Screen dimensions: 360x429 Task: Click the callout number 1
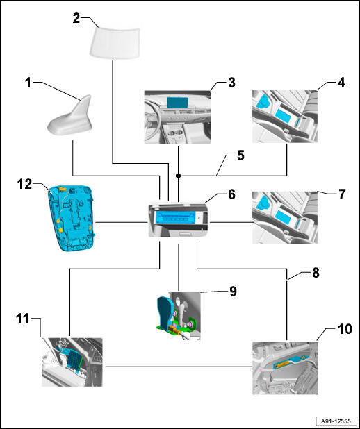point(28,83)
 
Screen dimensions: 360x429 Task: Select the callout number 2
point(76,18)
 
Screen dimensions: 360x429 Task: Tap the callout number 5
point(240,155)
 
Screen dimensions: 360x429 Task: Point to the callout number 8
point(316,273)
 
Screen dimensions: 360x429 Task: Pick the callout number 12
point(24,184)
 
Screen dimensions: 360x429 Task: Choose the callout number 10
point(345,329)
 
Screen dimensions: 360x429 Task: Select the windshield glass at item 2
point(115,42)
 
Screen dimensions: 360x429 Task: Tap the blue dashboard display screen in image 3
point(177,102)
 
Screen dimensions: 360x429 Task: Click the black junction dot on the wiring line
point(178,176)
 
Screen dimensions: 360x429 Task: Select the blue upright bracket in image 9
point(165,312)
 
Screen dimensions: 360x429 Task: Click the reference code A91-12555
point(336,421)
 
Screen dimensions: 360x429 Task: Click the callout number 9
point(233,292)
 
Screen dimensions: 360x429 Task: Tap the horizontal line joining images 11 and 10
point(179,367)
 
